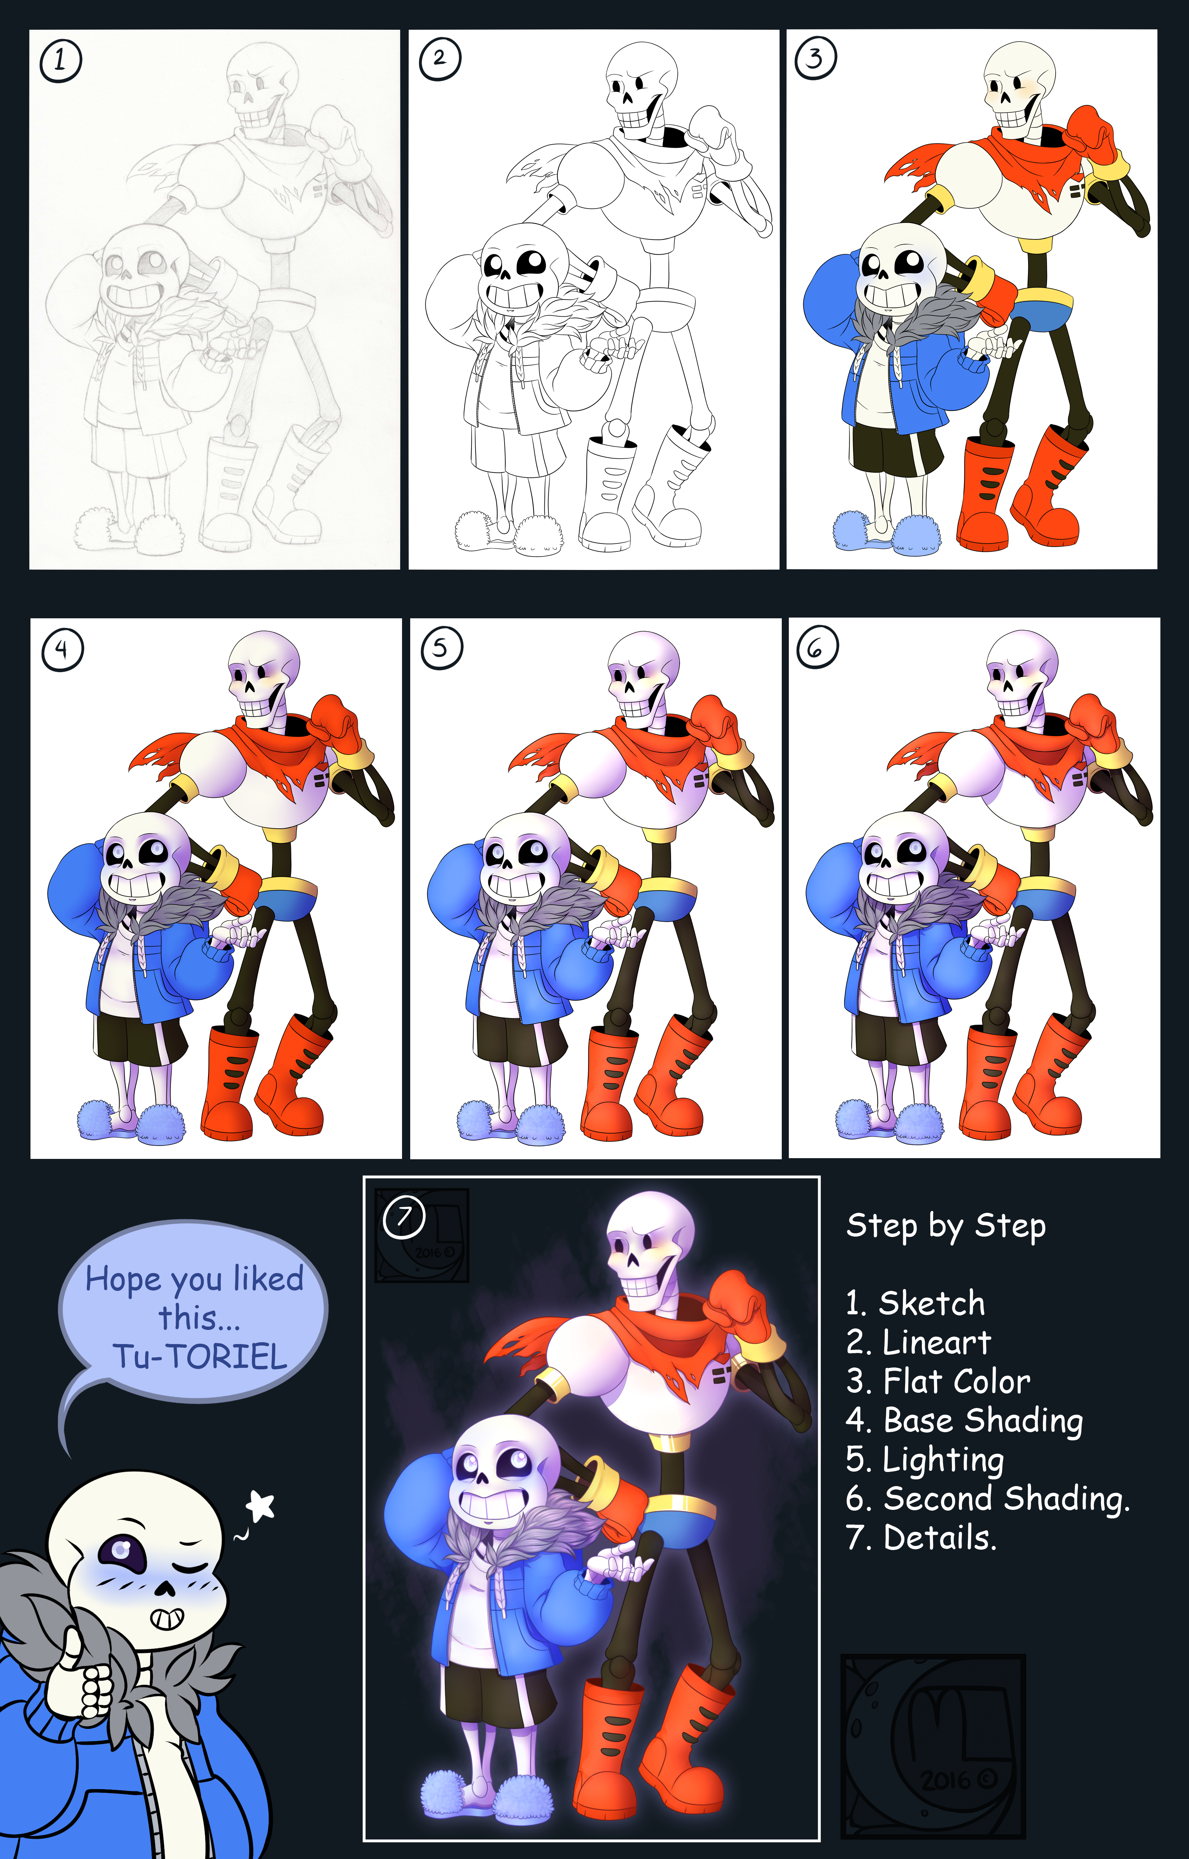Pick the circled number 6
817,649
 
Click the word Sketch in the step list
932,1304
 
